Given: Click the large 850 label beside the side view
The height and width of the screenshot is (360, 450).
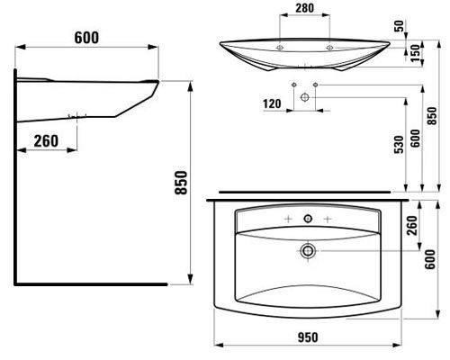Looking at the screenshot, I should tap(179, 184).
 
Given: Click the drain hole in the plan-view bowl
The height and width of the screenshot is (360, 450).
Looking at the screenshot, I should tap(309, 250).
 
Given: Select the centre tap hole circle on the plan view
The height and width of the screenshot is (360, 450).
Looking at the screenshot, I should tap(309, 219).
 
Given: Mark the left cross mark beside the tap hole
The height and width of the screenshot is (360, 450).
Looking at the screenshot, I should tap(287, 219).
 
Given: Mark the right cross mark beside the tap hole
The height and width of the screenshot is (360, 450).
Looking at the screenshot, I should tap(329, 219).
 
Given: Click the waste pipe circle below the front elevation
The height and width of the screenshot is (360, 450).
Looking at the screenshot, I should tap(306, 95).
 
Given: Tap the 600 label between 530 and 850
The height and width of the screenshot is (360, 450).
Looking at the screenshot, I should tap(416, 138).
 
